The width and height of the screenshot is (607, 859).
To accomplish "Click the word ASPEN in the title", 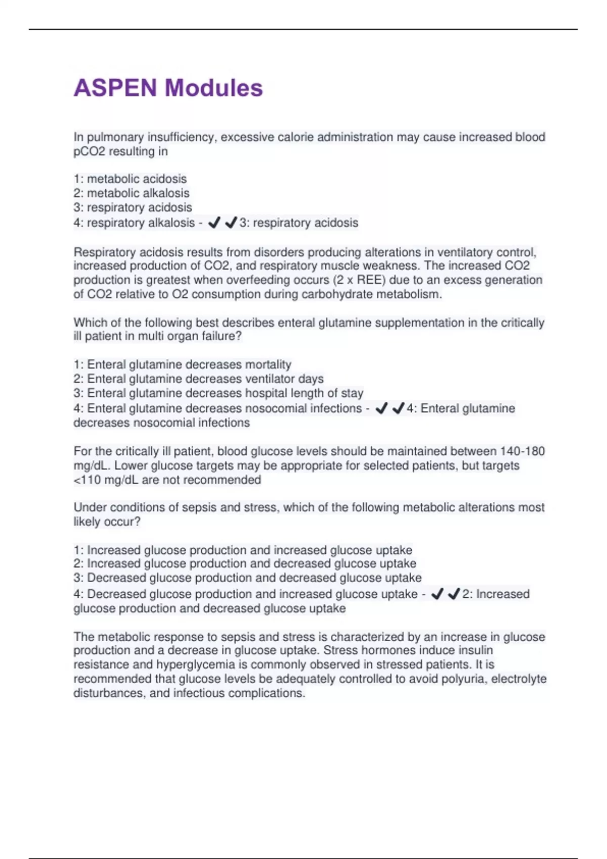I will (115, 88).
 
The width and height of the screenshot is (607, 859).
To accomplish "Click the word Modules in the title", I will (213, 88).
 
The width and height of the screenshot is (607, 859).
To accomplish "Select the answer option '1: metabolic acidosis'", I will (130, 179).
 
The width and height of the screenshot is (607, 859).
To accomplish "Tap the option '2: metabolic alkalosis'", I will (132, 193).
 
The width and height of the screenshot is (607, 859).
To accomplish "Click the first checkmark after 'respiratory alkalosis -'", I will (214, 222).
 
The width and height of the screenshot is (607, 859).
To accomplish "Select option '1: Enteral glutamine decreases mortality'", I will (183, 365).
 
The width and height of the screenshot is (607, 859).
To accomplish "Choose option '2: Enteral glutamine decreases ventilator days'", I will (198, 379).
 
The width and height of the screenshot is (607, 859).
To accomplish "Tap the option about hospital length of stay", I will (219, 393).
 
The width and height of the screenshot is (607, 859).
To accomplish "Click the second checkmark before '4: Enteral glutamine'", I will (398, 408).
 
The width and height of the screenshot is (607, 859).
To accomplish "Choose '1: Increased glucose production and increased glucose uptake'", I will (243, 550).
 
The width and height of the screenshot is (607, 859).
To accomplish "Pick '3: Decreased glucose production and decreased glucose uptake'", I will (247, 578).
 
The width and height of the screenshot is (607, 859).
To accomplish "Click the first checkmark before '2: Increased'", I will (437, 594).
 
